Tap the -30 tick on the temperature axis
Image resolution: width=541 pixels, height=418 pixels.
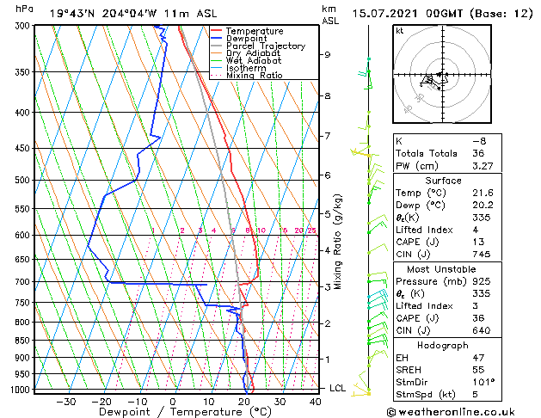coord(65,401)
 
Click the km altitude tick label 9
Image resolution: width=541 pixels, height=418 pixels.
coord(328,54)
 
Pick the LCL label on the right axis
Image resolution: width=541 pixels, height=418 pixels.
coord(339,388)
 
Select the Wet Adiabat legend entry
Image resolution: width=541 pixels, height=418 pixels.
coord(253,60)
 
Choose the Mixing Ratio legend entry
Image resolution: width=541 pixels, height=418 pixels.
coord(254,75)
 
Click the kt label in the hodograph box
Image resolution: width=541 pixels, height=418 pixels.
coord(400,31)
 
